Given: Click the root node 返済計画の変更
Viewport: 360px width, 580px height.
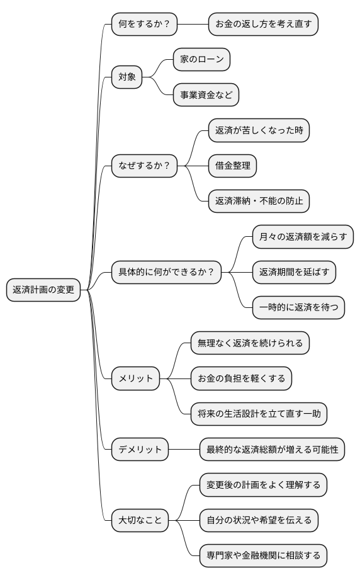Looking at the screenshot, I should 43,290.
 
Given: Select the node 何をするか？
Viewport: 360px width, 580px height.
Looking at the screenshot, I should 144,25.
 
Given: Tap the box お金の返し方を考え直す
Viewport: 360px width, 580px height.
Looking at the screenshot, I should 264,25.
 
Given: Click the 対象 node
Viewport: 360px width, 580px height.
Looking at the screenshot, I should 127,77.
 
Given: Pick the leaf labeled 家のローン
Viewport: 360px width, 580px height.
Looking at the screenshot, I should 201,60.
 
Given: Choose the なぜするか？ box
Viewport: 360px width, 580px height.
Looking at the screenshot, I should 144,166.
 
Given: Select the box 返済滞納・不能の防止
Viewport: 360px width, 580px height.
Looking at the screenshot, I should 259,201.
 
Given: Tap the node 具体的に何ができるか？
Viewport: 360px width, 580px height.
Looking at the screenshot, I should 166,272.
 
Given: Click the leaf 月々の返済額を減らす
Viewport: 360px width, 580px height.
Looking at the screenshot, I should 303,237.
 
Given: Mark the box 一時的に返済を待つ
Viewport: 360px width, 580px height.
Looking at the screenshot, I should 298,307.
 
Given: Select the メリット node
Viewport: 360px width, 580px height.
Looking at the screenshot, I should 135,378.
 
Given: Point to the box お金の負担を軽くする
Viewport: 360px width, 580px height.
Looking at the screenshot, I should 241,378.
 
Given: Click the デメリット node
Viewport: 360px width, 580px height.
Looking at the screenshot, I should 140,450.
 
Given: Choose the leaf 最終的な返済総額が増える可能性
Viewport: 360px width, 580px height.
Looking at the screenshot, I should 272,450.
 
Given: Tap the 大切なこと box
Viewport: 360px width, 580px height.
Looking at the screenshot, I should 140,520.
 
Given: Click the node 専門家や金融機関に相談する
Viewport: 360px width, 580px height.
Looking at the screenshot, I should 263,555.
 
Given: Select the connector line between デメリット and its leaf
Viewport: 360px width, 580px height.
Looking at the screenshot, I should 184,450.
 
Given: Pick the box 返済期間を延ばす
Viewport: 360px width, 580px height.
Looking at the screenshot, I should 294,272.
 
